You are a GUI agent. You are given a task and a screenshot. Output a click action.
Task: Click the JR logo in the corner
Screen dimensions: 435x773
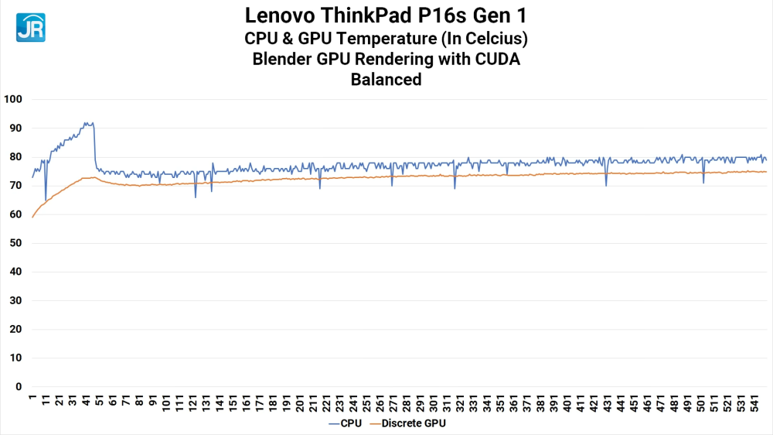[30, 27]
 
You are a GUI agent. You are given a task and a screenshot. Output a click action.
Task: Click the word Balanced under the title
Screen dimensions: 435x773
[386, 79]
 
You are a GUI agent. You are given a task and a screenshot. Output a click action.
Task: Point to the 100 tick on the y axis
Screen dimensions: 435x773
[14, 100]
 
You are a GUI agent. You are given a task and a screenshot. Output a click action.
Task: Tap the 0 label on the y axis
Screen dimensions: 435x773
[19, 387]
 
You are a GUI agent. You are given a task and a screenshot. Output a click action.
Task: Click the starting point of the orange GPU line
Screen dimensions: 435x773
[32, 217]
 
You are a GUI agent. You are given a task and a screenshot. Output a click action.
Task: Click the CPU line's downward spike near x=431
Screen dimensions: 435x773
[606, 185]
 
